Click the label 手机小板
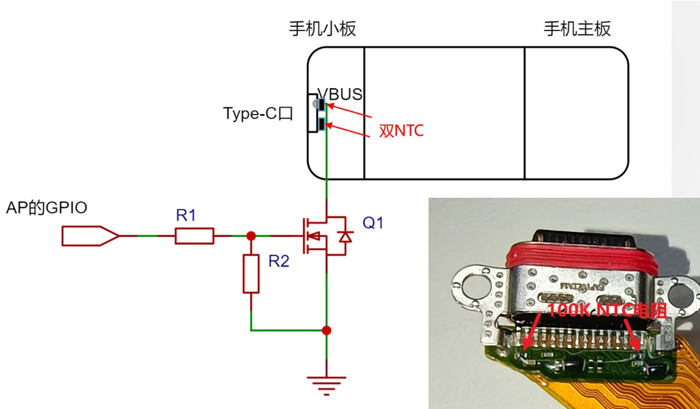pyautogui.click(x=322, y=29)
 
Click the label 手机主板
pyautogui.click(x=577, y=29)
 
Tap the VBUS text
pyautogui.click(x=340, y=94)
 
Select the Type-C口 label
pyautogui.click(x=257, y=113)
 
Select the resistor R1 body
pyautogui.click(x=194, y=236)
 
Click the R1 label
pyautogui.click(x=186, y=215)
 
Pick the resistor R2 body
pyautogui.click(x=251, y=273)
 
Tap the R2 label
pyautogui.click(x=279, y=261)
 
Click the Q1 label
pyautogui.click(x=373, y=223)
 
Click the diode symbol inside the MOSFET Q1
pyautogui.click(x=345, y=236)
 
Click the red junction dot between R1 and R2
pyautogui.click(x=251, y=236)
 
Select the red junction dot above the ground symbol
pyautogui.click(x=327, y=330)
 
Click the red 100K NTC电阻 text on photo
pyautogui.click(x=607, y=310)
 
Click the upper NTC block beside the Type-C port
pyautogui.click(x=322, y=106)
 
